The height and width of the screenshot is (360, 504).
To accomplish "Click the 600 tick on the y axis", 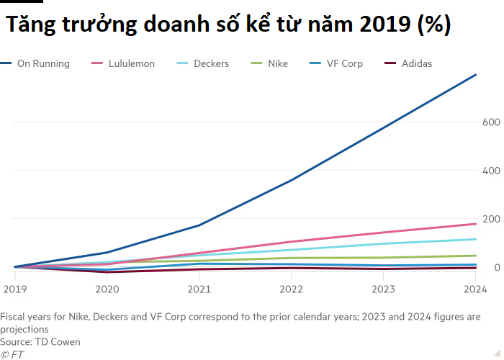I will (x=490, y=122).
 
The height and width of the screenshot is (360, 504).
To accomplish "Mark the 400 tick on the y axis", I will (x=490, y=171).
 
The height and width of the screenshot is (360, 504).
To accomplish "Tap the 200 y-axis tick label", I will (x=490, y=219).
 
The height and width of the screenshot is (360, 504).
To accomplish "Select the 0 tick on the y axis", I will (x=495, y=268).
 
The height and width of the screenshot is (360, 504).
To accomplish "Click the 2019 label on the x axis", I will (x=14, y=288).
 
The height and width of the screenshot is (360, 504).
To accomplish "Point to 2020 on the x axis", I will (x=107, y=288).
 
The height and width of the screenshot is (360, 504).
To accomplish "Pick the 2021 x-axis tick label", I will (x=199, y=288).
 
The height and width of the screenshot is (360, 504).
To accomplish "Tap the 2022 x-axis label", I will (x=292, y=288).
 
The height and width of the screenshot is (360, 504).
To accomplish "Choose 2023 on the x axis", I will (x=384, y=288).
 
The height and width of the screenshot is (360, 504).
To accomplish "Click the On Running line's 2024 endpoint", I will (x=476, y=74).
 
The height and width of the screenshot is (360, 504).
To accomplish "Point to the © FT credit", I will (x=12, y=354).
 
